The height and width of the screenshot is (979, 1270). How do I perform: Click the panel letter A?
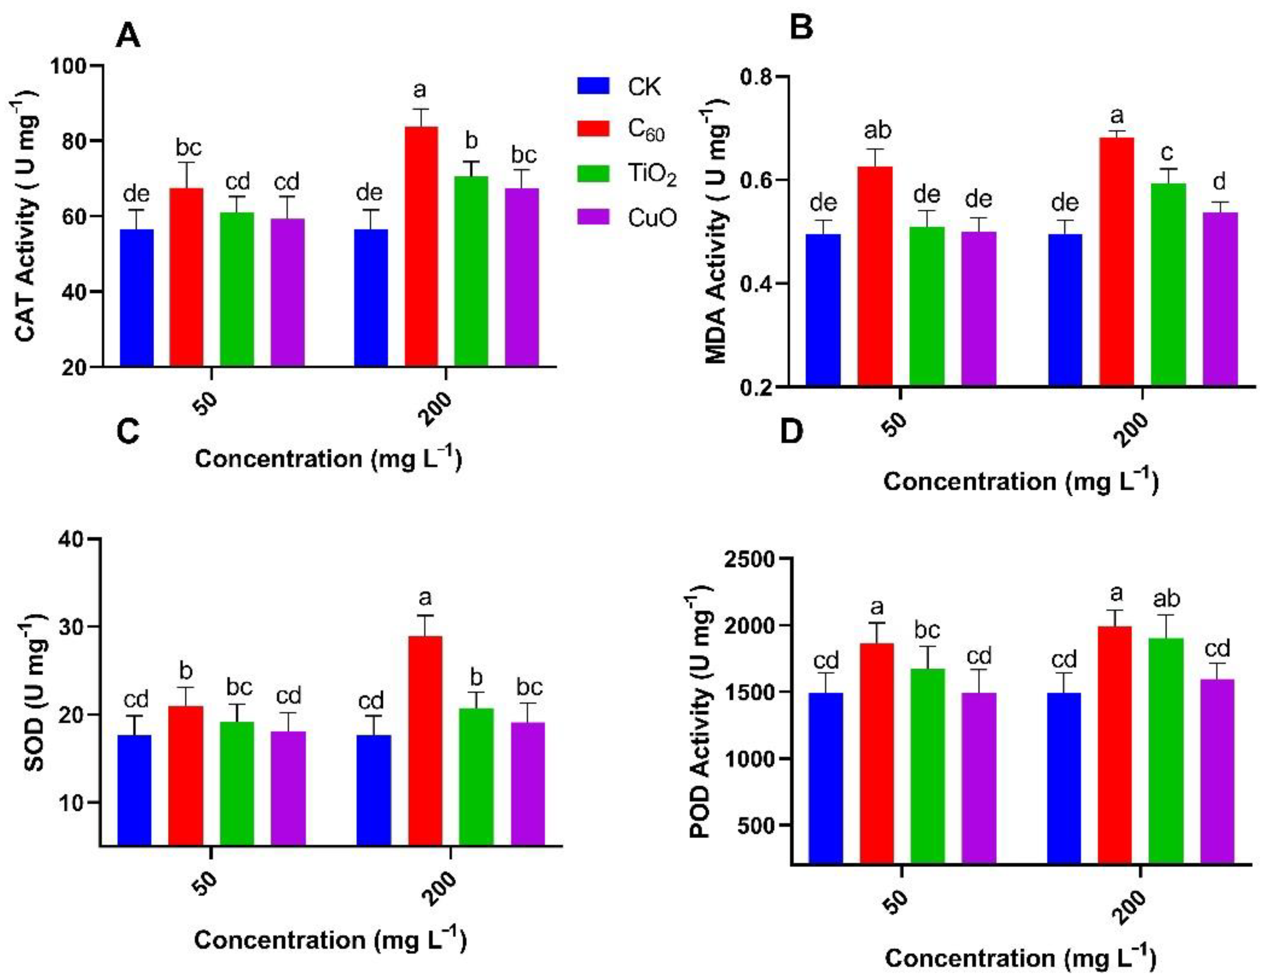point(128,36)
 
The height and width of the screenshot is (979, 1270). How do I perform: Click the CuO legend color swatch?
point(593,217)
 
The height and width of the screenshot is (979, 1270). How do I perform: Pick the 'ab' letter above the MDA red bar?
point(877,130)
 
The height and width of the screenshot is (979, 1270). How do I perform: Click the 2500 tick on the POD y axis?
point(750,559)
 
